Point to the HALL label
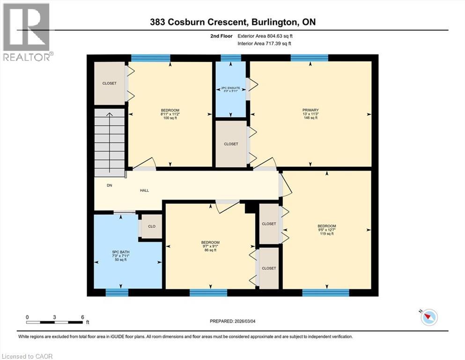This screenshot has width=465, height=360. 145,190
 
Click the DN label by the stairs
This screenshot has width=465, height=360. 109,186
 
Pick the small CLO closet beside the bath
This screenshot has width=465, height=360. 152,226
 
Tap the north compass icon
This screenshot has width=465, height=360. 429,317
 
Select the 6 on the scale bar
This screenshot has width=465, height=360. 82,317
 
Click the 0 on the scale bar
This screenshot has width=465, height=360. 27,317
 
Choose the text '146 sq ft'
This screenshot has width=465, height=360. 310,118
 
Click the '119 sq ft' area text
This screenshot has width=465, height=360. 326,233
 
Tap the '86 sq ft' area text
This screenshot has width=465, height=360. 210,250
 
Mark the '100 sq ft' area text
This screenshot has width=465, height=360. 170,118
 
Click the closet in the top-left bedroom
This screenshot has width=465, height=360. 110,83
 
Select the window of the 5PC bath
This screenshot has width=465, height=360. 117,292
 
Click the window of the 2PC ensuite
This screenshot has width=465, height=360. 230,58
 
